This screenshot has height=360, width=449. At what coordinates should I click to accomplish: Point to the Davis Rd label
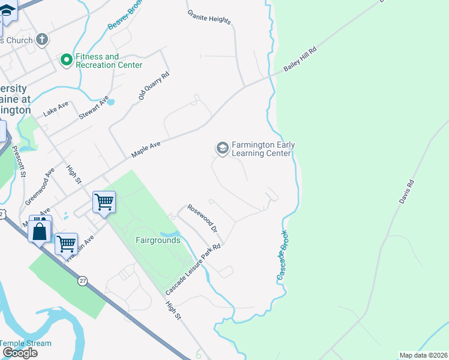[406, 191]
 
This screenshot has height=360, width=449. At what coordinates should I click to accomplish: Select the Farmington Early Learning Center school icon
[222, 148]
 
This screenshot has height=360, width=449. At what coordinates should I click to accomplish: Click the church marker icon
[41, 40]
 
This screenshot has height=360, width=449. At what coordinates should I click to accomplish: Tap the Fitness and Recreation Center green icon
[65, 60]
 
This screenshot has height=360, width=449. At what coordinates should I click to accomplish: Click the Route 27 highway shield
[82, 280]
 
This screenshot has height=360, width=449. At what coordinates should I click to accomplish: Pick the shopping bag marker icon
[40, 230]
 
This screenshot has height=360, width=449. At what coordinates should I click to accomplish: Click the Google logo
[20, 353]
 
